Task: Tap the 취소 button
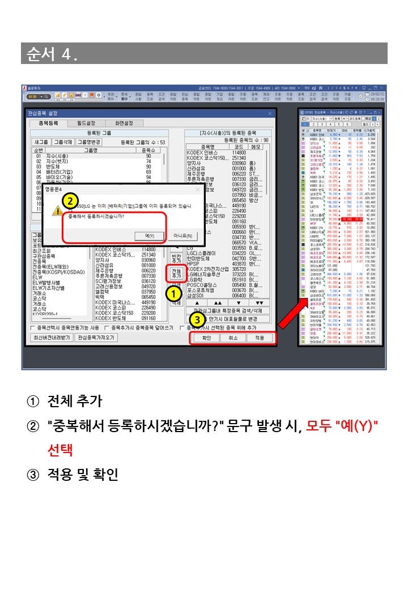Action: tap(232, 338)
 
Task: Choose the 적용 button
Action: tap(259, 338)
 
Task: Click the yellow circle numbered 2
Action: tap(70, 200)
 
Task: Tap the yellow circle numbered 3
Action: tap(197, 318)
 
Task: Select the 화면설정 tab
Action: tap(124, 123)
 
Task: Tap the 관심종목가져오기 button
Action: tap(96, 338)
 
